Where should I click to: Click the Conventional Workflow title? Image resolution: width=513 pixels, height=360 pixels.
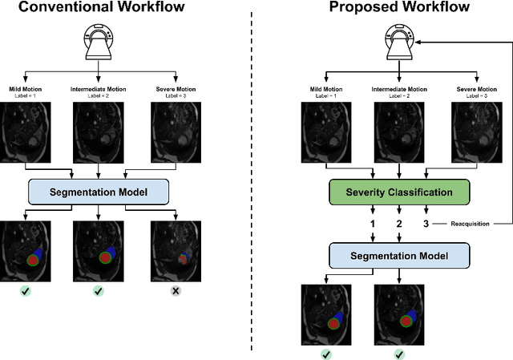(x=98, y=9)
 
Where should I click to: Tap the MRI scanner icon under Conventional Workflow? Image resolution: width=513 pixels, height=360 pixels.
(x=99, y=44)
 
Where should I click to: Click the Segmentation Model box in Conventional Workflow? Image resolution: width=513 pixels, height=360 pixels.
(x=99, y=192)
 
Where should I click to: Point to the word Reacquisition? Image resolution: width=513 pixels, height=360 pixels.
(x=469, y=224)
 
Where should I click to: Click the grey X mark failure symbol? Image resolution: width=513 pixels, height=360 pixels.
(x=174, y=290)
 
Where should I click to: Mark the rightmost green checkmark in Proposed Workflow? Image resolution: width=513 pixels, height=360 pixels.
(x=398, y=353)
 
